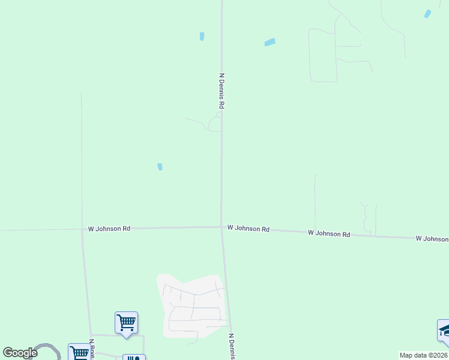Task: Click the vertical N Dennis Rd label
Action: [x=221, y=91]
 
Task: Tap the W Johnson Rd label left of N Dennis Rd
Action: [x=109, y=229]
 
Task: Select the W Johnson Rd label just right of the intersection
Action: [x=248, y=229]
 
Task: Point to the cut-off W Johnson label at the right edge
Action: [x=432, y=239]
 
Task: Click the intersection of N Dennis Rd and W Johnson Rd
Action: [x=221, y=227]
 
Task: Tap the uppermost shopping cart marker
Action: [x=126, y=322]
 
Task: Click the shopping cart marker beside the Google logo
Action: [x=79, y=352]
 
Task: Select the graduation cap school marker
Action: [x=444, y=331]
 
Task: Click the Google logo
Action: [x=20, y=353]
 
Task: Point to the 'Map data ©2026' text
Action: [x=423, y=355]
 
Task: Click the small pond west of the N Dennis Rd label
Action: [x=202, y=37]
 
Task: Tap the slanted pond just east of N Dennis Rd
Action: [x=270, y=42]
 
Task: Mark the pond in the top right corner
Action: [x=427, y=14]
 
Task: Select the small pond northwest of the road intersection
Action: [x=160, y=167]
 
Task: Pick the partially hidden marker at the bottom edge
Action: [x=134, y=357]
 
